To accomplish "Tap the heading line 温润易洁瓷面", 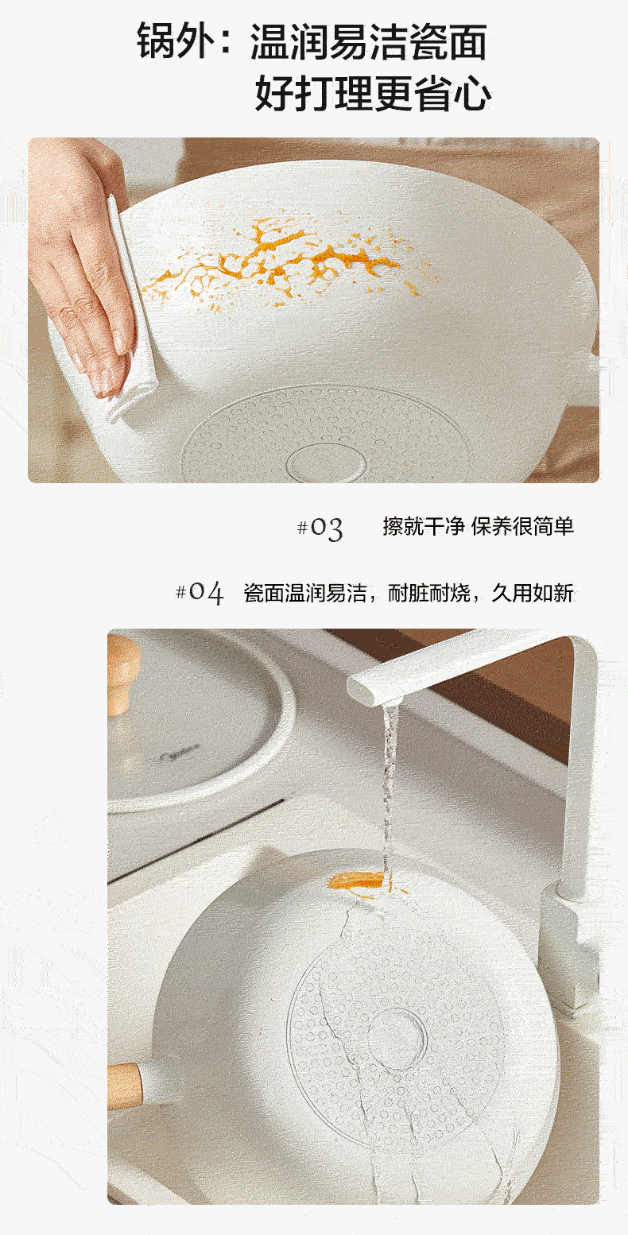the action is [369, 41].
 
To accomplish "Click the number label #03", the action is [320, 528].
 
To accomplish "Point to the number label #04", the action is [200, 593].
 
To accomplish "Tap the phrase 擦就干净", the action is [424, 526].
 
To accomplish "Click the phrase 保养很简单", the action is [523, 526].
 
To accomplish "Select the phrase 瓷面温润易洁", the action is [305, 593].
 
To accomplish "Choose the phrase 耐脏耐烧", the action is [429, 593].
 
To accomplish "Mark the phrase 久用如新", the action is [533, 593].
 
